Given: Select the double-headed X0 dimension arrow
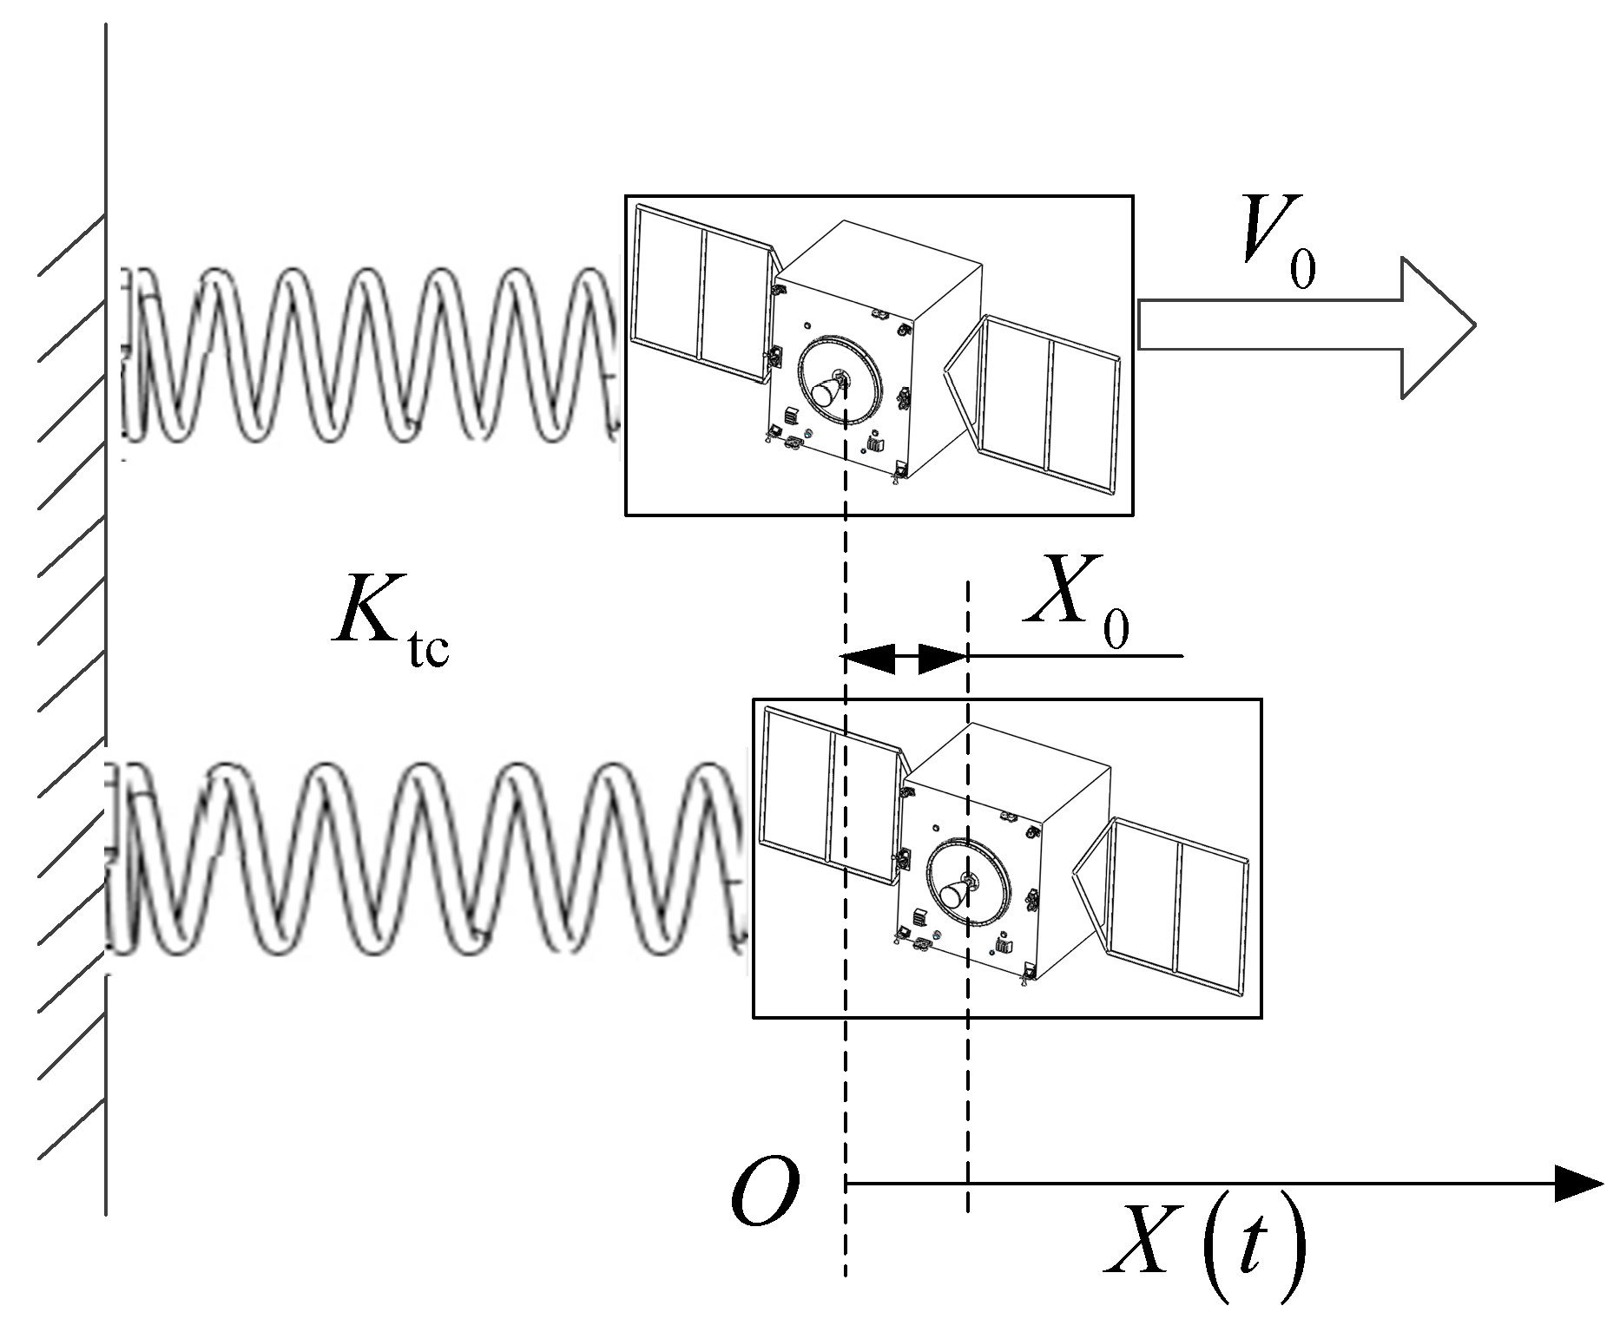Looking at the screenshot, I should [905, 657].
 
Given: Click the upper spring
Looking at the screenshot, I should [373, 356].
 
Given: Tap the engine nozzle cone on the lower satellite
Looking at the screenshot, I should [952, 896].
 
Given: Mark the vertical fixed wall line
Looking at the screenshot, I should [106, 607].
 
